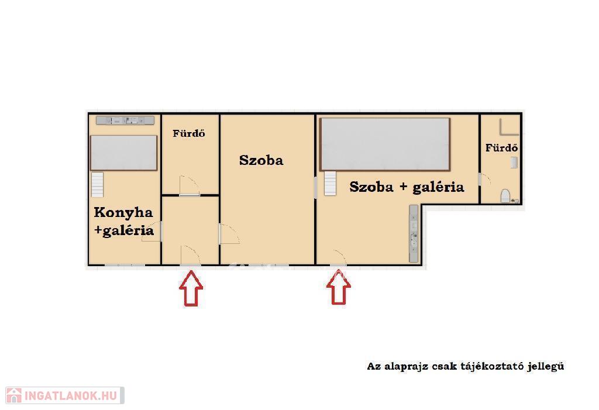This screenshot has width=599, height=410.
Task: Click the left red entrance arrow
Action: click(191, 288)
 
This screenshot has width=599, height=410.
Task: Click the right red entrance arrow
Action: click(339, 287)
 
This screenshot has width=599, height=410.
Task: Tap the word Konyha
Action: click(123, 213)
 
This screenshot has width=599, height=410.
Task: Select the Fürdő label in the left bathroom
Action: click(189, 133)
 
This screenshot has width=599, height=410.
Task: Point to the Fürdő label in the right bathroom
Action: click(501, 147)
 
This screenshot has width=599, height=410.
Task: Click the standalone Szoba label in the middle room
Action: click(261, 160)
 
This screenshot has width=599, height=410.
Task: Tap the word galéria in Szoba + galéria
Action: click(438, 187)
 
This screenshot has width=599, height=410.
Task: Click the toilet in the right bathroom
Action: click(505, 196)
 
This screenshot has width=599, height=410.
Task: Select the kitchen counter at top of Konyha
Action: click(125, 120)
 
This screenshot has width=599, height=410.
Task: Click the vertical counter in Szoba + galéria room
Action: click(414, 234)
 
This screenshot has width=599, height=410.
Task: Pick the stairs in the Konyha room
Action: click(98, 185)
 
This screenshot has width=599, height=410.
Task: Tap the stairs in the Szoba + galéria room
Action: click(331, 184)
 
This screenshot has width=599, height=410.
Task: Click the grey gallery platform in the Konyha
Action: click(123, 153)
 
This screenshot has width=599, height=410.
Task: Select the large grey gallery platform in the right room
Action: click(385, 144)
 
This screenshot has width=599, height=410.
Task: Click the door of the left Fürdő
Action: click(190, 186)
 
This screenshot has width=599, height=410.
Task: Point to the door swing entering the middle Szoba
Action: click(229, 234)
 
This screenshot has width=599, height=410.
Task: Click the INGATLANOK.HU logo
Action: click(64, 395)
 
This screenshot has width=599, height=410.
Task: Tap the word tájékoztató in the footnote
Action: click(491, 366)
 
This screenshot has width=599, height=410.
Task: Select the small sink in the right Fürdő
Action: click(514, 163)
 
